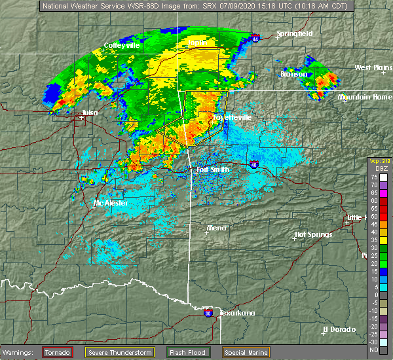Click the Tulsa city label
[x=90, y=113]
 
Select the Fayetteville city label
[x=232, y=118]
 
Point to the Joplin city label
[x=196, y=43]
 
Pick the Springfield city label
[x=294, y=33]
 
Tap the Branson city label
[x=293, y=74]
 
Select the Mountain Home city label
[x=365, y=97]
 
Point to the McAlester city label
[x=109, y=203]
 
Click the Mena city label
[x=216, y=228]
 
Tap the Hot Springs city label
[x=313, y=234]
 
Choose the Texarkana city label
[x=236, y=313]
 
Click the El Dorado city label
[x=339, y=329]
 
